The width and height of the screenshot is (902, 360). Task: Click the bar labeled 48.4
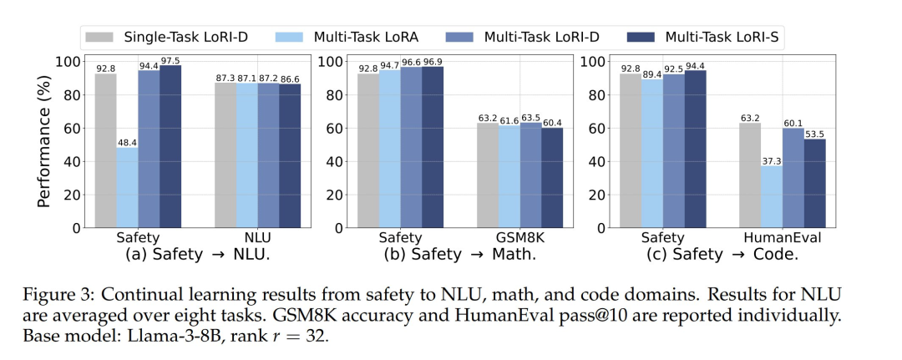coord(128,186)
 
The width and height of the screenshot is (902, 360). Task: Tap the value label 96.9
coord(433,61)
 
